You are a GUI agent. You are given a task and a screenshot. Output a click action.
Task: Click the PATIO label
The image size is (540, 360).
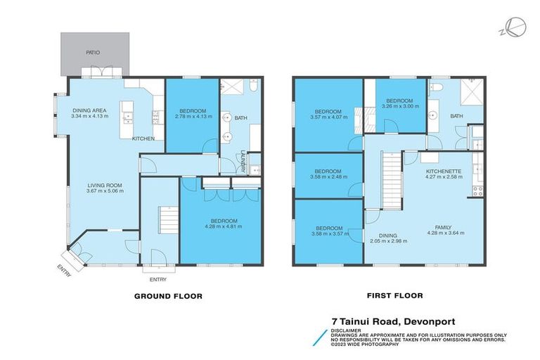93,52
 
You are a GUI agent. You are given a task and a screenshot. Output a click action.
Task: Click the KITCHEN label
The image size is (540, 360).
143,139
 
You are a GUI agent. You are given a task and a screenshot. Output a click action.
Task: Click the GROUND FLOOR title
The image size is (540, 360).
168,296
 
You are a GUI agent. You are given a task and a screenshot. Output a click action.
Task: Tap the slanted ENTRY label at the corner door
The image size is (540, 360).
64,270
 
